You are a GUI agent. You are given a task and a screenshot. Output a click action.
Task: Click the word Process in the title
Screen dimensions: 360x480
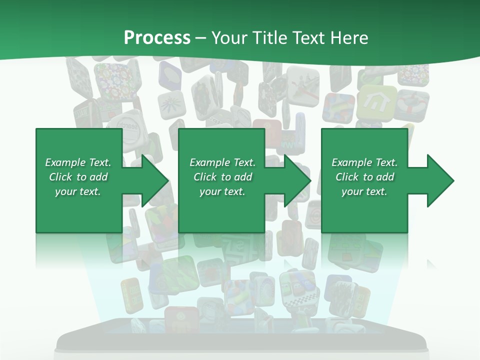[157, 38]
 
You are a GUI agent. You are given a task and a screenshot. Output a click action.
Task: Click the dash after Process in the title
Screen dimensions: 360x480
[201, 38]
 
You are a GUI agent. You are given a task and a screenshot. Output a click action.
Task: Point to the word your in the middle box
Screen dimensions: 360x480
[210, 191]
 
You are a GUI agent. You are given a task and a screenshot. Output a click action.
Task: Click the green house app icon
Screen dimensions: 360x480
[376, 103]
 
